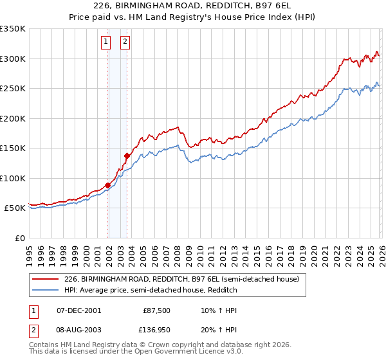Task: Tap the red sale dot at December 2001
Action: pyautogui.click(x=107, y=186)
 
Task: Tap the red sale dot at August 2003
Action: pyautogui.click(x=127, y=156)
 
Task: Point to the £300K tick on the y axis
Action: pyautogui.click(x=13, y=59)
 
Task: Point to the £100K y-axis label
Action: pyautogui.click(x=13, y=178)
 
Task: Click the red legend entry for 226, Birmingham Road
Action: pyautogui.click(x=181, y=280)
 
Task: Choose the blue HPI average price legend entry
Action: pyautogui.click(x=151, y=291)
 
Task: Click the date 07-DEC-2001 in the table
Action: pyautogui.click(x=78, y=310)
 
